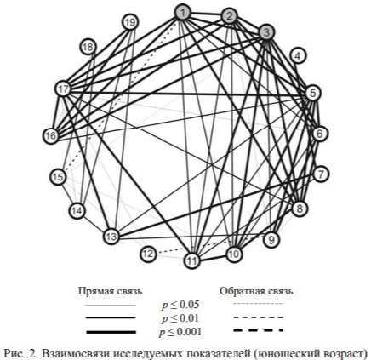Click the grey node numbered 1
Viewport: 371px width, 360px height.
click(183, 13)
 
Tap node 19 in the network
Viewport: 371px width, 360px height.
click(130, 22)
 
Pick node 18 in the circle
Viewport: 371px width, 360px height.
click(88, 47)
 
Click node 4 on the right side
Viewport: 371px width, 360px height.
click(298, 56)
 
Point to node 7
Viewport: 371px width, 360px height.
click(321, 174)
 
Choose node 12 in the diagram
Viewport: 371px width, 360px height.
click(148, 254)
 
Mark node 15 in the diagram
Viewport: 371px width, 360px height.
click(58, 177)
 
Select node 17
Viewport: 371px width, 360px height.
click(63, 89)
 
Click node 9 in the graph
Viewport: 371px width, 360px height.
click(271, 240)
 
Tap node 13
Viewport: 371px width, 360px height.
click(111, 237)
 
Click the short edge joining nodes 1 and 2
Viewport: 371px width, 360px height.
click(206, 14)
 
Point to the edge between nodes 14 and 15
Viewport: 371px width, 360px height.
click(67, 193)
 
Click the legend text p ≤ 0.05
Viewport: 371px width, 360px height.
click(180, 305)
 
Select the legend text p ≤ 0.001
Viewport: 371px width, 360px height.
click(180, 331)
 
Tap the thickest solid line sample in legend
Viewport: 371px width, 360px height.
click(111, 332)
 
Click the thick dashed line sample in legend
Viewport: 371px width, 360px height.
click(258, 330)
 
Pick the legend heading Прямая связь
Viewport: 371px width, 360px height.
click(111, 291)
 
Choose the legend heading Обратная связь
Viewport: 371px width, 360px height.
click(256, 291)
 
